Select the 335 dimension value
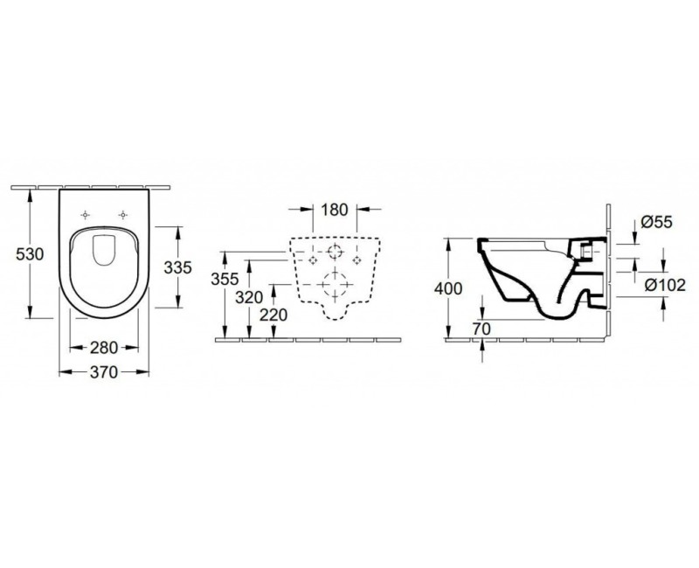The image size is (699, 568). [177, 268]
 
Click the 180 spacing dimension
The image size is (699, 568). [334, 210]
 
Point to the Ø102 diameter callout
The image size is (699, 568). [665, 284]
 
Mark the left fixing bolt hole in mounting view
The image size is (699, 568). [311, 260]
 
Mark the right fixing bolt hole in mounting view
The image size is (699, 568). [356, 260]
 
